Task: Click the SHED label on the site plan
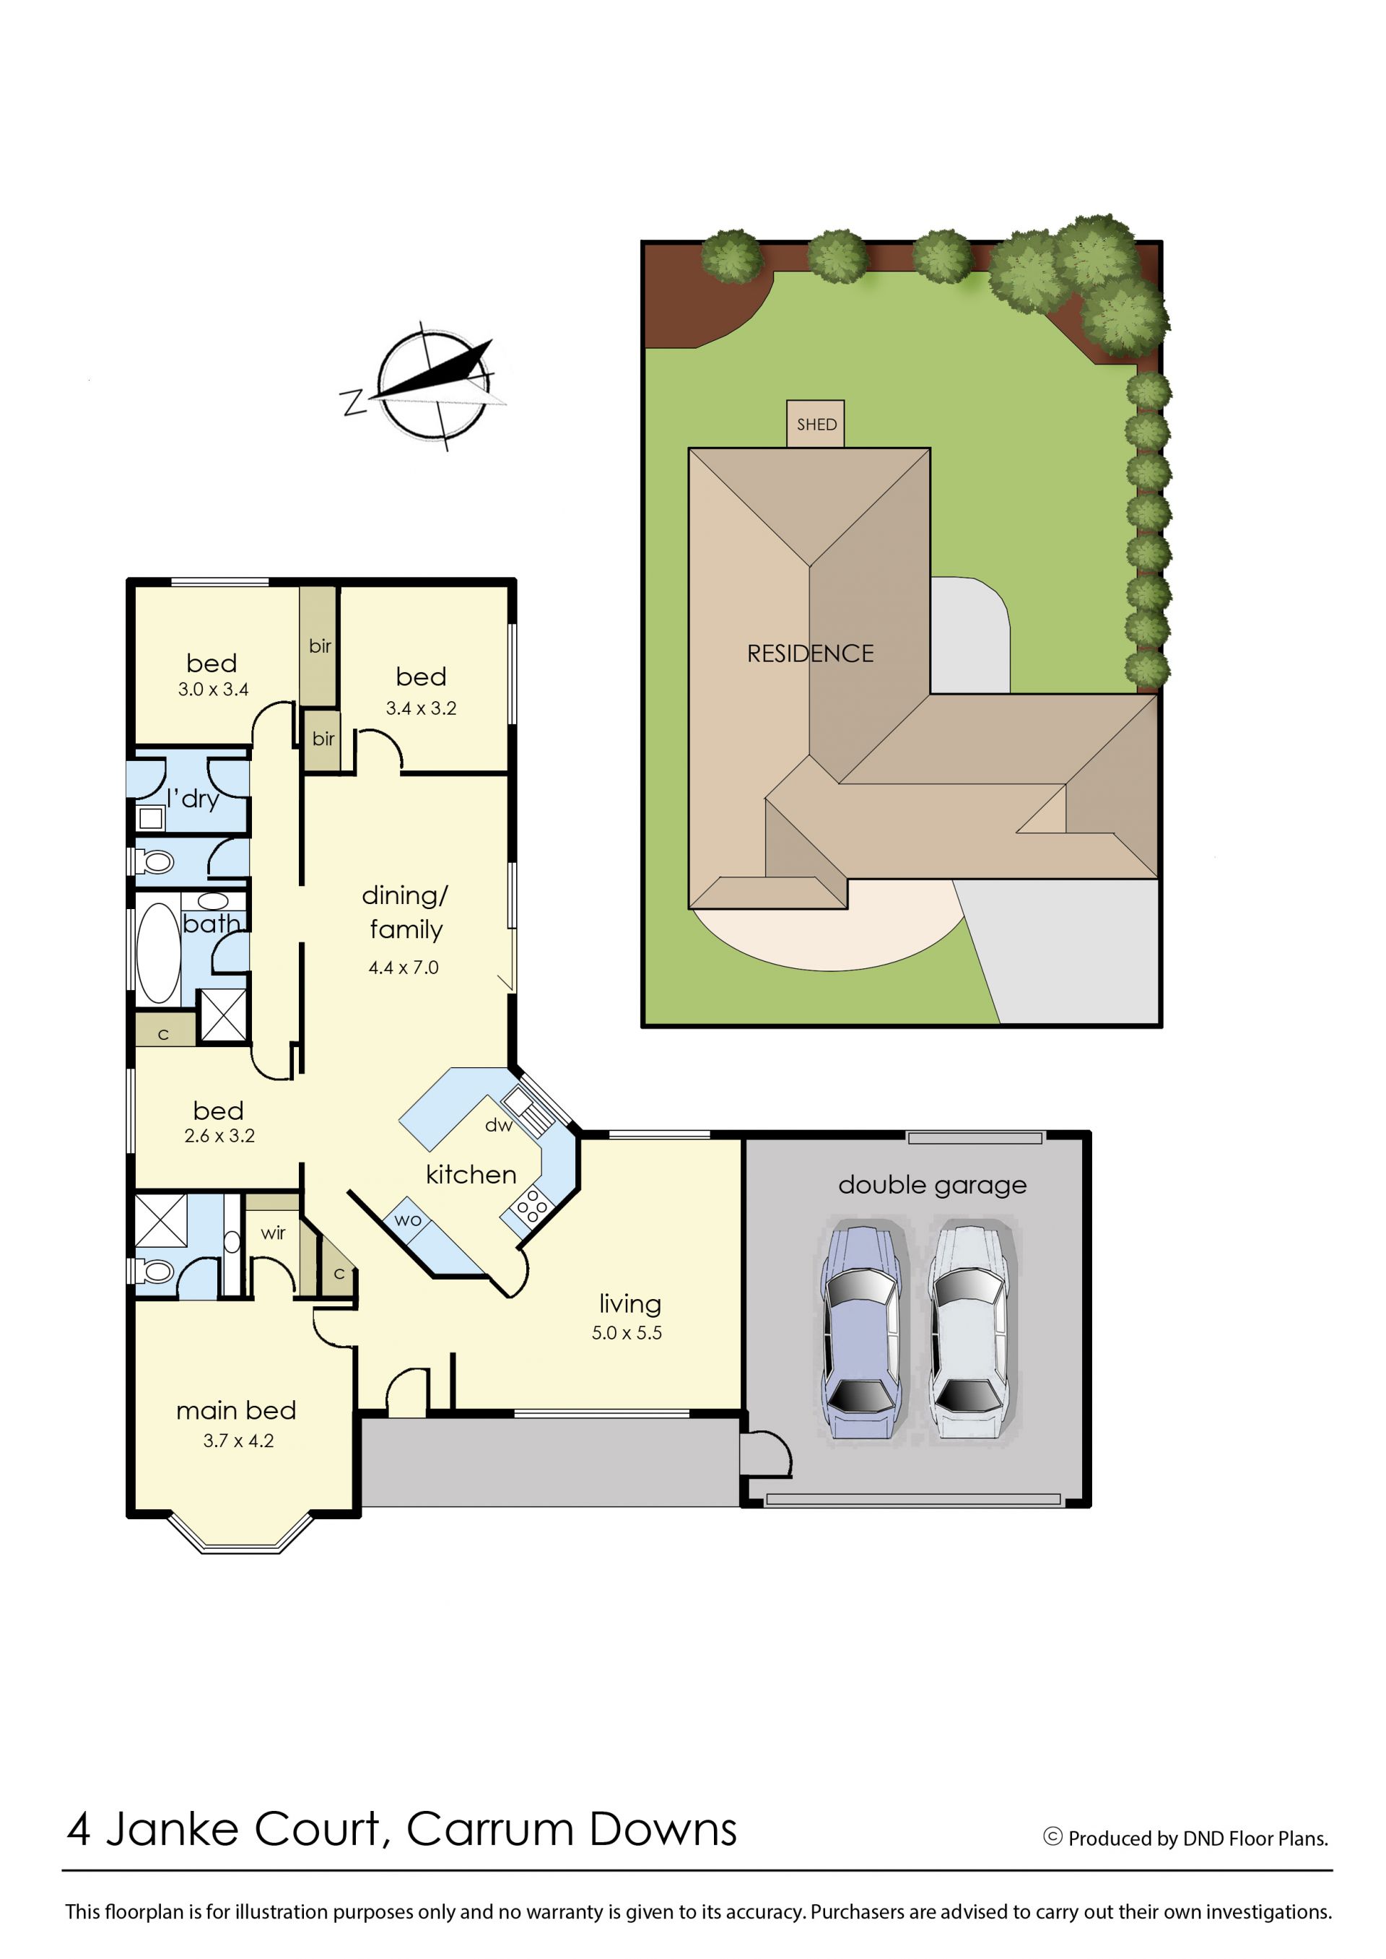click(816, 425)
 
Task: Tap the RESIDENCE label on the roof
click(810, 654)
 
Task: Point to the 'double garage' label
click(932, 1185)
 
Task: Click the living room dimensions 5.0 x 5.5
click(627, 1333)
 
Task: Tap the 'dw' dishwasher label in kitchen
click(498, 1125)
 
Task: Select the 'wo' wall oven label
click(408, 1220)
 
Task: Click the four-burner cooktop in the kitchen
click(532, 1207)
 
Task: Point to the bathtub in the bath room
click(159, 952)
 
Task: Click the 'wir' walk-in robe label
click(273, 1233)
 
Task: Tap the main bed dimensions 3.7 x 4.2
click(238, 1441)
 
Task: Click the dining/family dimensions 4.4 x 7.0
click(404, 968)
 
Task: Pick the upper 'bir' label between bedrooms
click(320, 646)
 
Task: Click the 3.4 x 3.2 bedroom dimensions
click(421, 708)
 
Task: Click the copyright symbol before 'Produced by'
click(1053, 1836)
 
